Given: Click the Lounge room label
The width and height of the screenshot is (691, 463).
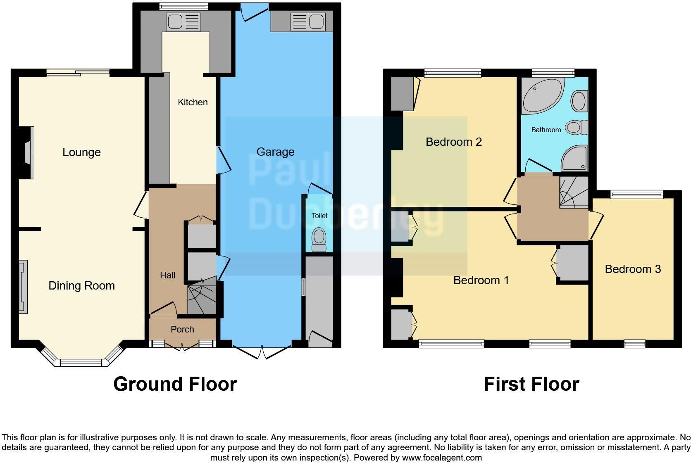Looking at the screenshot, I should coord(81,152).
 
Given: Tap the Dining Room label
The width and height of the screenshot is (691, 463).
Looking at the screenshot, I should coord(81,286).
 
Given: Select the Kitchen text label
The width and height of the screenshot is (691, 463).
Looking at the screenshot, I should coord(193,102).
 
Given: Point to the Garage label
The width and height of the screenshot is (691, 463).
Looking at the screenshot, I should coord(275,152).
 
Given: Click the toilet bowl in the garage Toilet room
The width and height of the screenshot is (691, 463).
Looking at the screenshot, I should coord(319,239).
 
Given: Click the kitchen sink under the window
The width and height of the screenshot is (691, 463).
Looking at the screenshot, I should coord(183,21).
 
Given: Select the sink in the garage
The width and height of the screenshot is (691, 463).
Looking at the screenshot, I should coord(307,21).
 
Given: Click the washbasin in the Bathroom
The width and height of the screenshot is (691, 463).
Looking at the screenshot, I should coord(579,101).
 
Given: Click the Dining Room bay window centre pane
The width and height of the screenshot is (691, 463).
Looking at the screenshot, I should coord(81,363).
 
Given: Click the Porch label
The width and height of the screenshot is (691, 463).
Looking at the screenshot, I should coord(182,330).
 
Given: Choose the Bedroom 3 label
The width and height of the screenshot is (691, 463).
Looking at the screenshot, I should coord(633,269).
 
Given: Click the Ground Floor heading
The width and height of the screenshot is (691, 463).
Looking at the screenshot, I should coord(175,384).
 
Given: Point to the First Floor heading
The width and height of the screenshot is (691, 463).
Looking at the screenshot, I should coord(531,384).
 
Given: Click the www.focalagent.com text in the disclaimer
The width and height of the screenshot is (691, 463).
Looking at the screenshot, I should coord(441,458).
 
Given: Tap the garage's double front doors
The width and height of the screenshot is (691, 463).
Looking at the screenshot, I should coord(262,351).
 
